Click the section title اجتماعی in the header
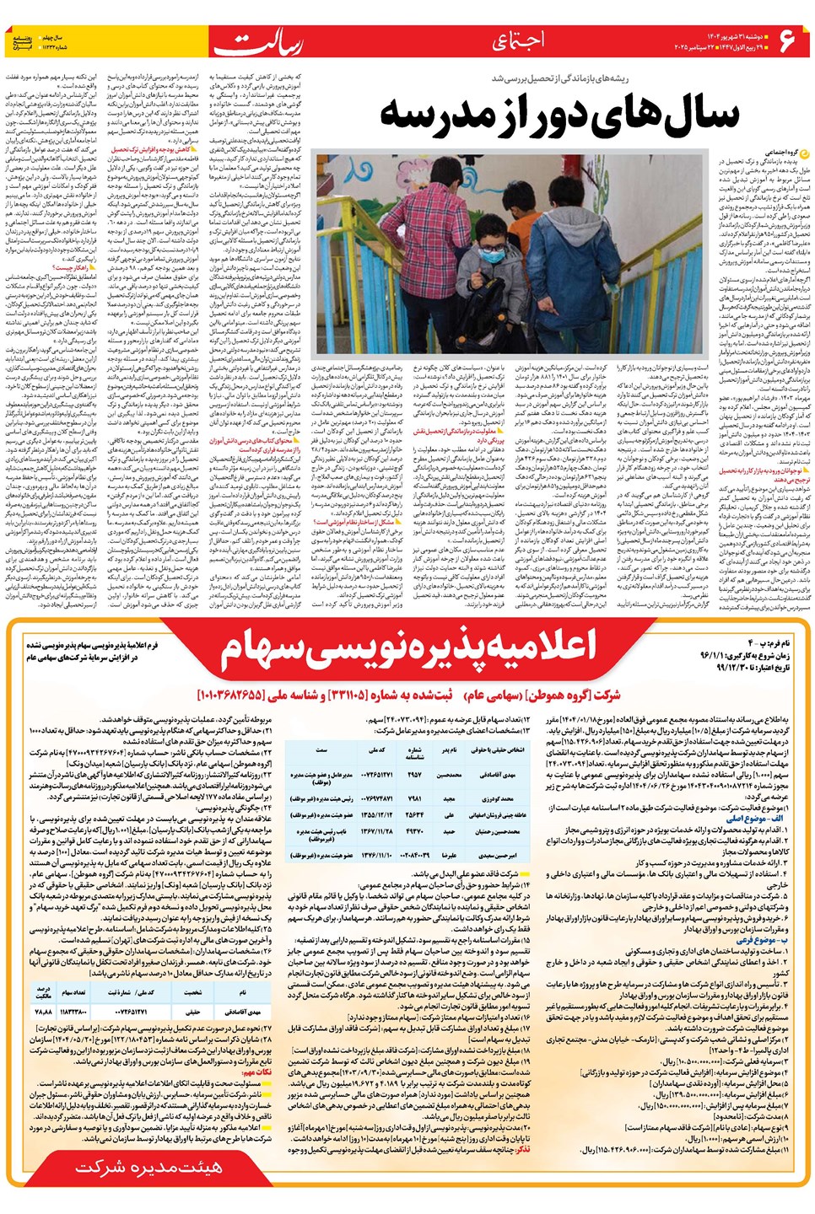[517, 40]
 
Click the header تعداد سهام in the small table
[73, 993]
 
